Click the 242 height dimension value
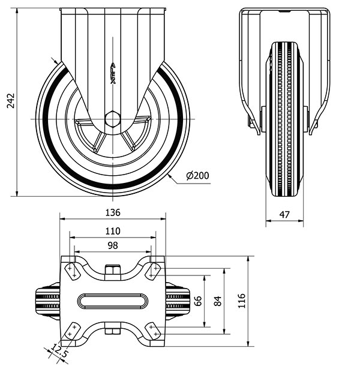pyautogui.click(x=11, y=101)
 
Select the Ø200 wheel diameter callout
pyautogui.click(x=197, y=176)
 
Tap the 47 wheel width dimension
pyautogui.click(x=284, y=215)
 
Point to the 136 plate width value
pyautogui.click(x=113, y=212)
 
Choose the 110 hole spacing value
pyautogui.click(x=113, y=231)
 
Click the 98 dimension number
pyautogui.click(x=113, y=245)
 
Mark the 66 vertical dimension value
pyautogui.click(x=198, y=301)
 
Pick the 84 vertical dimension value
pyautogui.click(x=217, y=301)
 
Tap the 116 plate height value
pyautogui.click(x=242, y=301)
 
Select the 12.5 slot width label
pyautogui.click(x=59, y=351)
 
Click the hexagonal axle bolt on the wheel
pyautogui.click(x=113, y=119)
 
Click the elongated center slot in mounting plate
pyautogui.click(x=113, y=301)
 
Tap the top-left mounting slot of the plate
pyautogui.click(x=72, y=271)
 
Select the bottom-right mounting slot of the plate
pyautogui.click(x=154, y=331)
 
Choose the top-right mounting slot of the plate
pyautogui.click(x=154, y=271)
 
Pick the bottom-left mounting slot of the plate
pyautogui.click(x=72, y=331)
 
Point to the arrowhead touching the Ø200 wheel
pyautogui.click(x=170, y=176)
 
